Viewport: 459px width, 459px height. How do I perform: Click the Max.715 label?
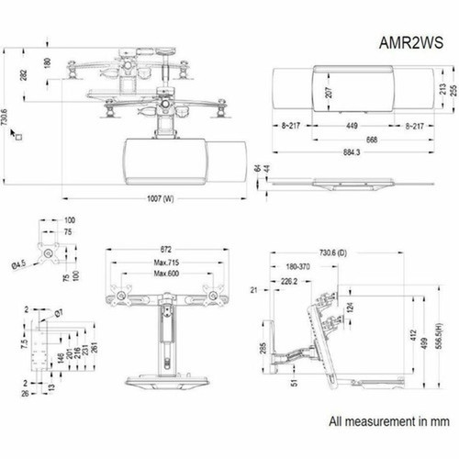pyautogui.click(x=166, y=263)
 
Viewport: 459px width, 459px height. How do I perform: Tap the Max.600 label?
pyautogui.click(x=166, y=274)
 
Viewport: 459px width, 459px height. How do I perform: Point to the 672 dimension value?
pyautogui.click(x=166, y=249)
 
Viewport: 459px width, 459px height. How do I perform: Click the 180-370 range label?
pyautogui.click(x=297, y=265)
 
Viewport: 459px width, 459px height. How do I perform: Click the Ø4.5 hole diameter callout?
pyautogui.click(x=17, y=266)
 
